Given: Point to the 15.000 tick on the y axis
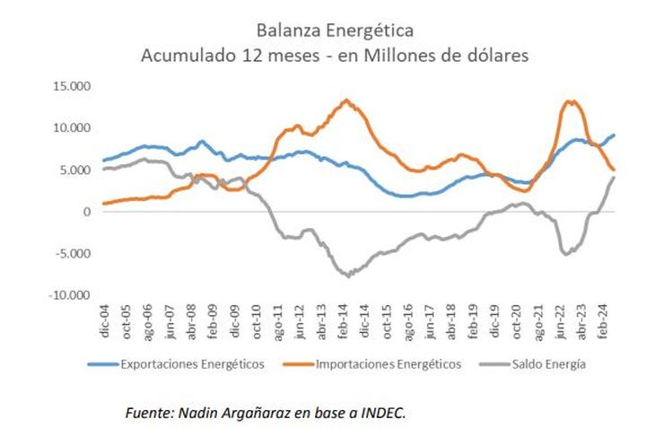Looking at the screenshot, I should pyautogui.click(x=74, y=87).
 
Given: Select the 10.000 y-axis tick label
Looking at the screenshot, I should pyautogui.click(x=74, y=128).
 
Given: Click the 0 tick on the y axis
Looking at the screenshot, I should pyautogui.click(x=87, y=212).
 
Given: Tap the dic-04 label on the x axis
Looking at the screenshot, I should pyautogui.click(x=104, y=320).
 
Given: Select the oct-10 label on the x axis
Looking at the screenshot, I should pyautogui.click(x=258, y=320).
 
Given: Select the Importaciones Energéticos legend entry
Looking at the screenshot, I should pyautogui.click(x=389, y=364).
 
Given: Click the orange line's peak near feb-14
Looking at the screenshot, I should pyautogui.click(x=346, y=100).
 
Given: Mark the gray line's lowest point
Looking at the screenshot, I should pyautogui.click(x=347, y=275).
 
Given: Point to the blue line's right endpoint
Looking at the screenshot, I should pyautogui.click(x=614, y=135).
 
